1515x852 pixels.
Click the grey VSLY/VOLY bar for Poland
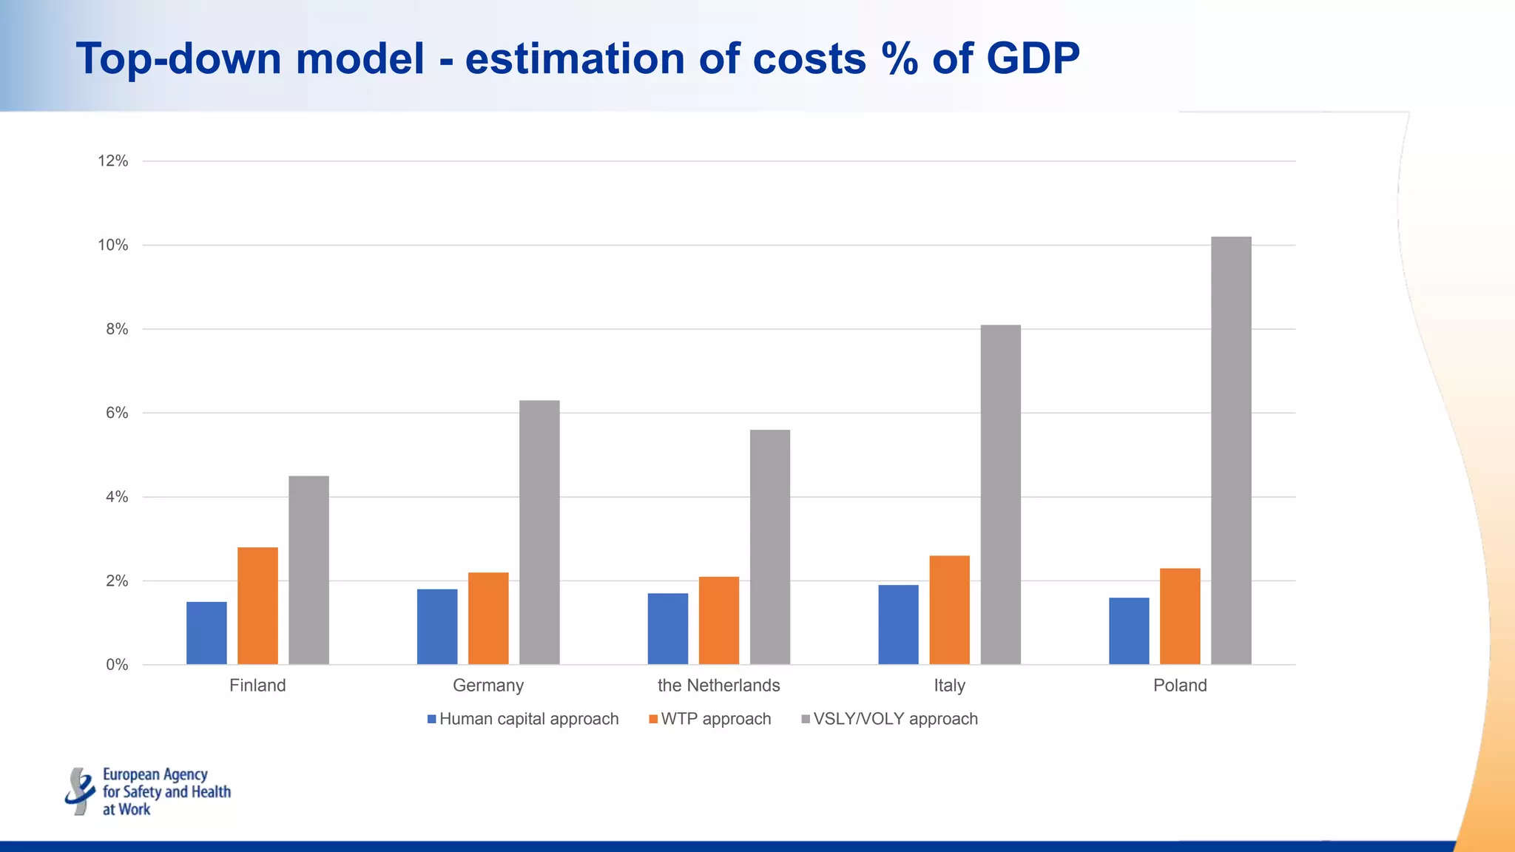1231,451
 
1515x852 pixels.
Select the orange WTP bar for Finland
257,606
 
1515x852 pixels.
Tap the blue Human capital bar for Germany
437,627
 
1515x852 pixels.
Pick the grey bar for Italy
1000,495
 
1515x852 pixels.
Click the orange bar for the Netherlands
718,621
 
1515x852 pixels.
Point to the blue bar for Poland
1129,631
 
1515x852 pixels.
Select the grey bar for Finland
308,570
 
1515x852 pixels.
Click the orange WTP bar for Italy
949,610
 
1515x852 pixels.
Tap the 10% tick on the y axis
113,246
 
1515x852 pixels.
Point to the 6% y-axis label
117,413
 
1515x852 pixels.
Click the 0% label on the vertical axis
117,665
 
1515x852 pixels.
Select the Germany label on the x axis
488,686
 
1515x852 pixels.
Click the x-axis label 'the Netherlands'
718,686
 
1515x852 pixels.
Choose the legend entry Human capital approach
523,719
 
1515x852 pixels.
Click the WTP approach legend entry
710,719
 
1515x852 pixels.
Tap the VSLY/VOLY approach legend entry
890,719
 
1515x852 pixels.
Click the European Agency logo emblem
80,791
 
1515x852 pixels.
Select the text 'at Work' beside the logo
126,810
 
